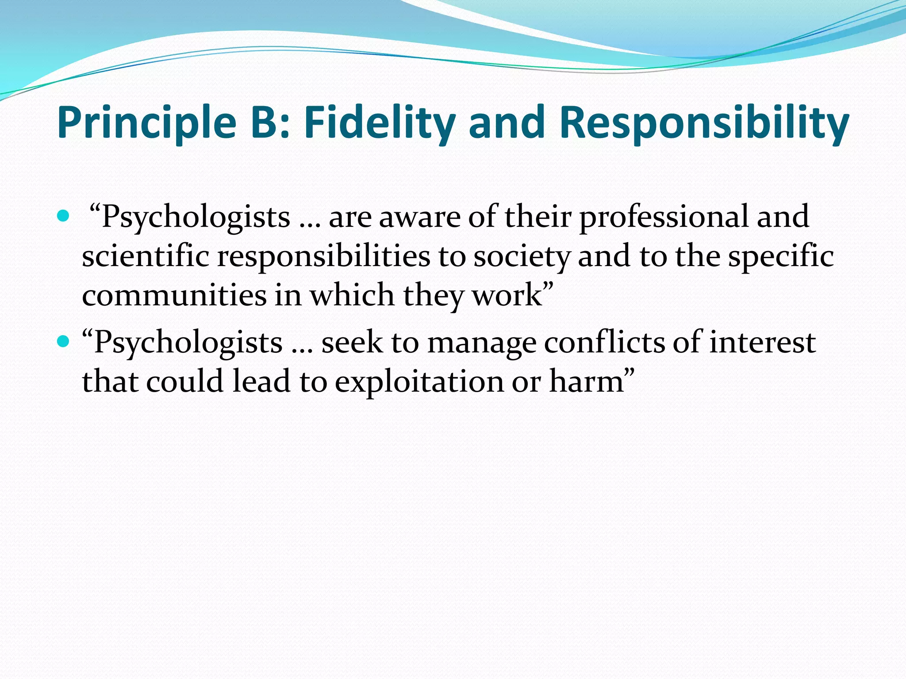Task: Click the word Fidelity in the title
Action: [x=379, y=122]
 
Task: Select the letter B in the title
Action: [x=265, y=122]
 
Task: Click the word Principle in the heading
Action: [x=146, y=122]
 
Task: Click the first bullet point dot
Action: [x=64, y=217]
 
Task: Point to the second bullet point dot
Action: [x=64, y=341]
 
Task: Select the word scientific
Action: [x=145, y=256]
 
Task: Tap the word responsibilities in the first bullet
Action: [x=323, y=256]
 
